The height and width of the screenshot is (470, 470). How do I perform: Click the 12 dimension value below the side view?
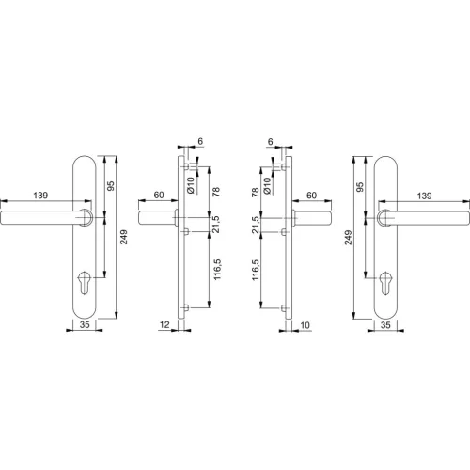(x=165, y=325)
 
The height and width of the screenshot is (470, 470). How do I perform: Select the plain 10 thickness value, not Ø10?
(x=305, y=325)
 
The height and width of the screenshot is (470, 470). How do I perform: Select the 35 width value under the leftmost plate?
(x=85, y=325)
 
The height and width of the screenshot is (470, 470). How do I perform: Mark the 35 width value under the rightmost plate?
(x=385, y=325)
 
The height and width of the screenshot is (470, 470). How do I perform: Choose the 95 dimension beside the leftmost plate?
(x=110, y=186)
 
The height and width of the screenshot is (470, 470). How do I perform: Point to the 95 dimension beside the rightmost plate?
(x=359, y=186)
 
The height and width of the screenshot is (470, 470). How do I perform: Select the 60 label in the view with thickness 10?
(x=312, y=194)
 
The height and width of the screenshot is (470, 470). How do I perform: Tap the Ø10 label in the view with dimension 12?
(x=191, y=184)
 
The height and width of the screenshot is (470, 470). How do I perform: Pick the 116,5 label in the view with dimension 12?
(x=216, y=271)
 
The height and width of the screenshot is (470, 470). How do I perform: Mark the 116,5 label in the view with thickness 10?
(x=255, y=271)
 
